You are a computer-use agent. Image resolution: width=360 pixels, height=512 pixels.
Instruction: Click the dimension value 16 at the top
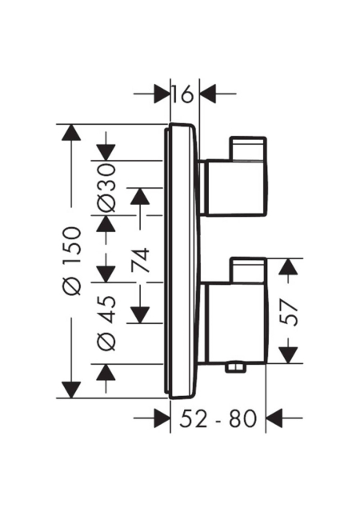(183, 94)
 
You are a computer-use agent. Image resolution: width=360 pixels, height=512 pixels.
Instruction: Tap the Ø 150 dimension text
(71, 262)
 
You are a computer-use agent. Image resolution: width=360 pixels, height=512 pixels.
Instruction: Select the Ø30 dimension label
(107, 189)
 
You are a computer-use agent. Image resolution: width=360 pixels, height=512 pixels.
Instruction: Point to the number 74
(141, 260)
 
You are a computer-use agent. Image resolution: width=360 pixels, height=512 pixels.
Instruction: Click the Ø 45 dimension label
(107, 323)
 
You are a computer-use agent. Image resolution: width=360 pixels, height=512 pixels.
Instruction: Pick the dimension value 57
(289, 314)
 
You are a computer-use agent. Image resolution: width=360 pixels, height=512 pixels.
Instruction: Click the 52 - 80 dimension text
(218, 418)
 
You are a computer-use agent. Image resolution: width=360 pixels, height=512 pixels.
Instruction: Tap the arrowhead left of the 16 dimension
(162, 94)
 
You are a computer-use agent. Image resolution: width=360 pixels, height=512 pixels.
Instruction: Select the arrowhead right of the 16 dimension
(208, 94)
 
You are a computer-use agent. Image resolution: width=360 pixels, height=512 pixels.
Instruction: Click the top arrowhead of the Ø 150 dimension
(71, 133)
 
